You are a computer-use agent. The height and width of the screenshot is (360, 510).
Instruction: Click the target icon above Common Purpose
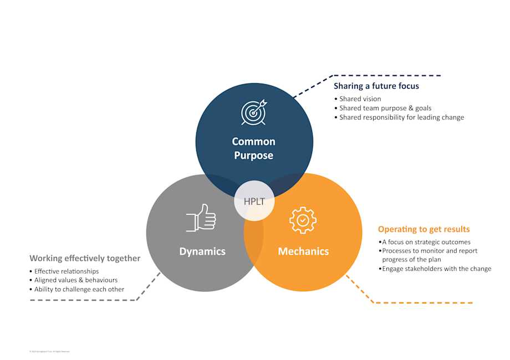point(253,112)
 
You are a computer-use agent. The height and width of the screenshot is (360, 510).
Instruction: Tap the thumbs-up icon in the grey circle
point(201,218)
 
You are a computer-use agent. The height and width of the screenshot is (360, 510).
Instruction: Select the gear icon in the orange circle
point(303,220)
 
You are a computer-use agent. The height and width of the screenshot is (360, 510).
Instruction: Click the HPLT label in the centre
point(254,201)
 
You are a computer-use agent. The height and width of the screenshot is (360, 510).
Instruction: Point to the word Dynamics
point(202,251)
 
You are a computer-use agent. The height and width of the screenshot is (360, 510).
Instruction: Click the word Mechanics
point(303,251)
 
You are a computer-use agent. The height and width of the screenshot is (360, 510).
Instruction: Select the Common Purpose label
point(253,148)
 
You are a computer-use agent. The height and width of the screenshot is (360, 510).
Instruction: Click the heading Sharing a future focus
point(376,86)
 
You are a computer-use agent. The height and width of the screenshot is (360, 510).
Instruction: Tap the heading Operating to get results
point(424,229)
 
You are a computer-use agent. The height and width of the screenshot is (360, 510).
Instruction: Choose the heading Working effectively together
point(85,259)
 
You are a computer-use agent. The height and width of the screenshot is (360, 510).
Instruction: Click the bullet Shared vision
point(360,99)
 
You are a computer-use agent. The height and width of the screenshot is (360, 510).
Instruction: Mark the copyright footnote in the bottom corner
point(49,351)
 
